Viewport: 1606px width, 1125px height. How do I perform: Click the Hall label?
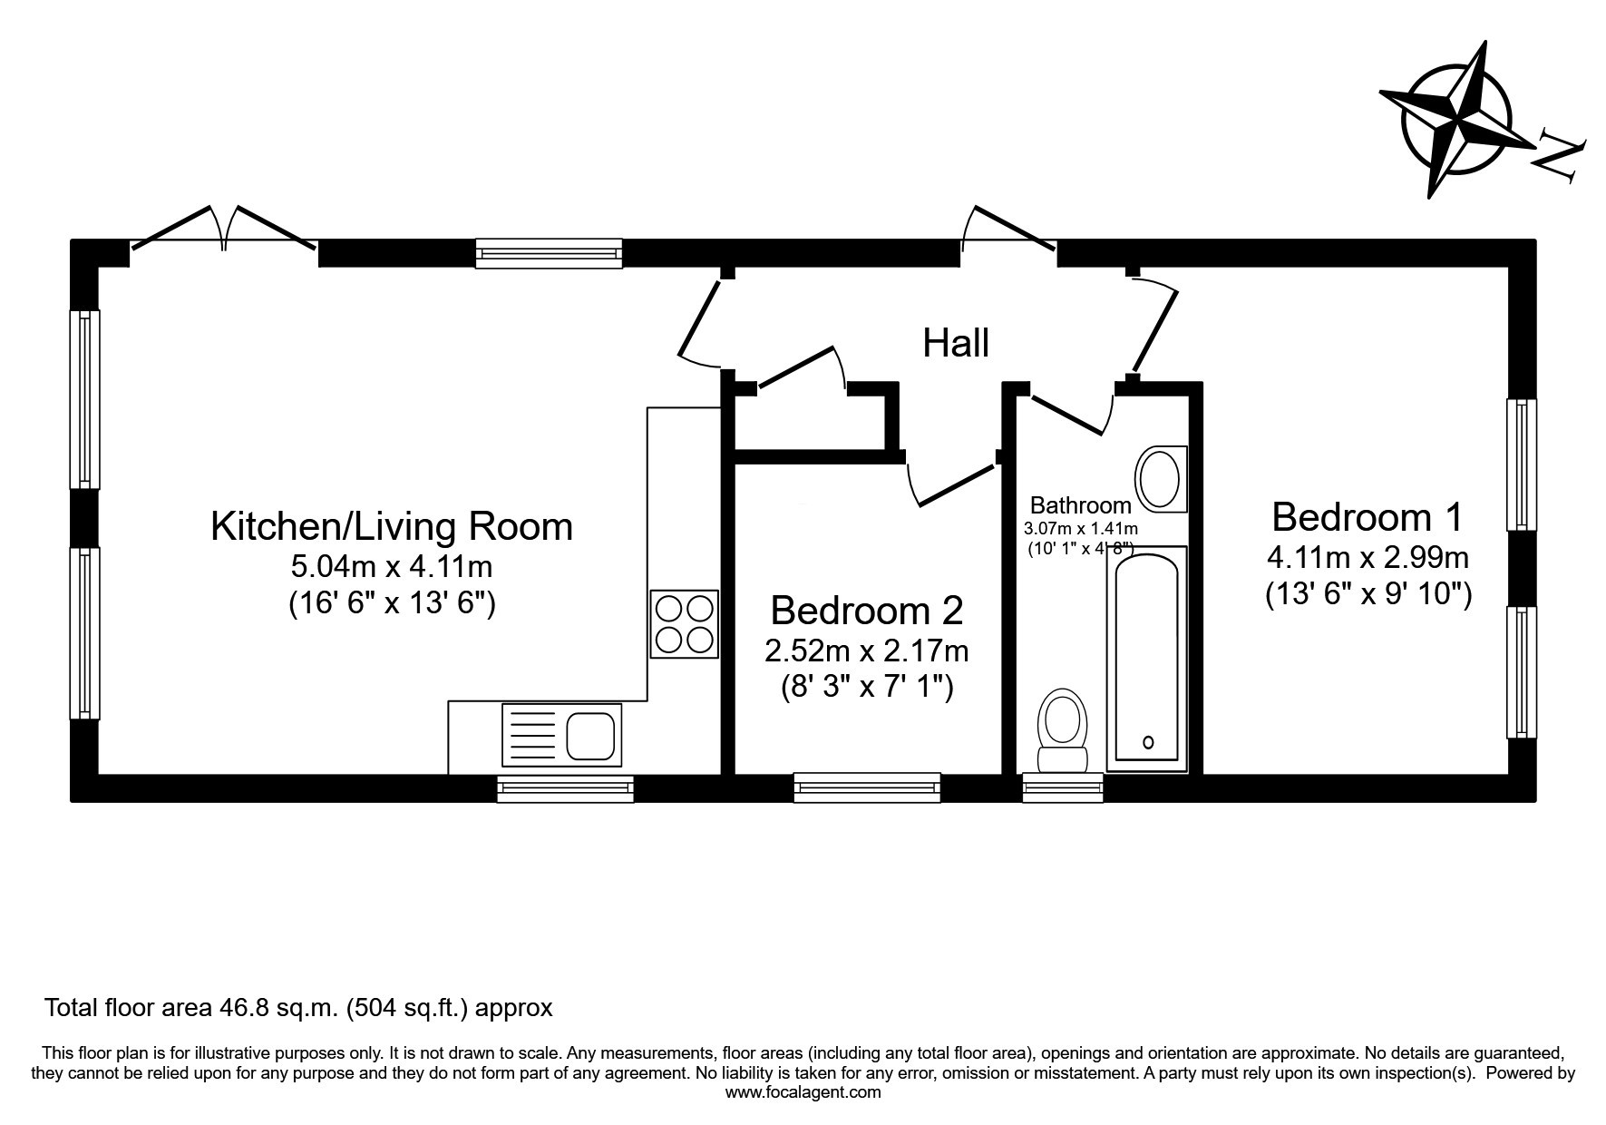coord(956,343)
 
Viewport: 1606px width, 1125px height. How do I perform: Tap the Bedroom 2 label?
coord(867,611)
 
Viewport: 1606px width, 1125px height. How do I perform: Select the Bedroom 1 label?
coord(1368,517)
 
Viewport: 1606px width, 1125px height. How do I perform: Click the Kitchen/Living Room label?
coord(392,526)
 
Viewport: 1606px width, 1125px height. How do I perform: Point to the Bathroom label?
coord(1081,505)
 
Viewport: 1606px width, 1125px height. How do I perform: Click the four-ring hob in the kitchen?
coord(685,623)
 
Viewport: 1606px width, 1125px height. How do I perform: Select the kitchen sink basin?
coord(590,735)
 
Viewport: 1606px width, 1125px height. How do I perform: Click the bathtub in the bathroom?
coord(1147,659)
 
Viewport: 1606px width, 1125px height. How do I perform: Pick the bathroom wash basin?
coord(1161,477)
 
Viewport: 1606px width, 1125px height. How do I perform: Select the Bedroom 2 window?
coord(867,787)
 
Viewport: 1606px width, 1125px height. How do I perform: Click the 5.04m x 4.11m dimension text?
coord(392,567)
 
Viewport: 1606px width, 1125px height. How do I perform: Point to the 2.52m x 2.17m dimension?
coord(867,651)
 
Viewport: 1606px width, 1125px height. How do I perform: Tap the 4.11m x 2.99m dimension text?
coord(1368,555)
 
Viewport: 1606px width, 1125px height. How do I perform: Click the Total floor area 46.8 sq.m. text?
coord(192,1007)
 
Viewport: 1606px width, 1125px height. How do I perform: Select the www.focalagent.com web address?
coord(803,1092)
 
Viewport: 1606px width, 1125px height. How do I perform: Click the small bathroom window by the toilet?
coord(1063,787)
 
